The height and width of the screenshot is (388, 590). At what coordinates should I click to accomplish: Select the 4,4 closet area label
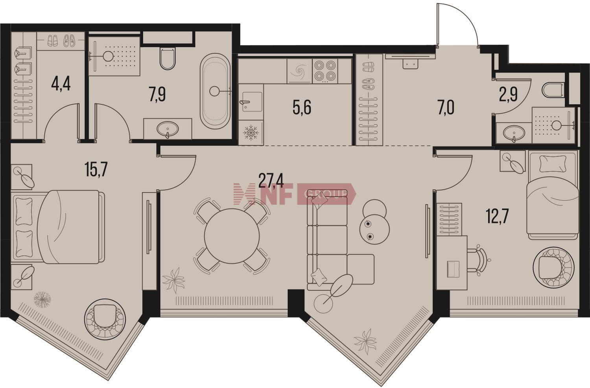click(x=61, y=85)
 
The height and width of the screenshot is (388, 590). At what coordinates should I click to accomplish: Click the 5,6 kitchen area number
click(x=302, y=108)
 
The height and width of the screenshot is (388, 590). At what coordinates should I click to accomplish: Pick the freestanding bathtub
click(x=215, y=91)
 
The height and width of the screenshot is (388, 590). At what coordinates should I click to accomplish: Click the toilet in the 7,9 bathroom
click(x=168, y=59)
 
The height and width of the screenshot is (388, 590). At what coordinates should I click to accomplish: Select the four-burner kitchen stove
click(x=325, y=70)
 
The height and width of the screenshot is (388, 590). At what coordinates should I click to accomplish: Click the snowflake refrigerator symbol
click(x=251, y=132)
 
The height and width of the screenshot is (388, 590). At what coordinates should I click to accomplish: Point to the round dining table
click(x=232, y=236)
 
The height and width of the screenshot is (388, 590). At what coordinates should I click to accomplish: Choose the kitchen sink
click(x=251, y=101)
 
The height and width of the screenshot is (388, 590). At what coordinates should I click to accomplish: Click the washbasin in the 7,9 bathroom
click(x=168, y=129)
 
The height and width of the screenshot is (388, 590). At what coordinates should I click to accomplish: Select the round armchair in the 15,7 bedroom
click(x=105, y=318)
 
